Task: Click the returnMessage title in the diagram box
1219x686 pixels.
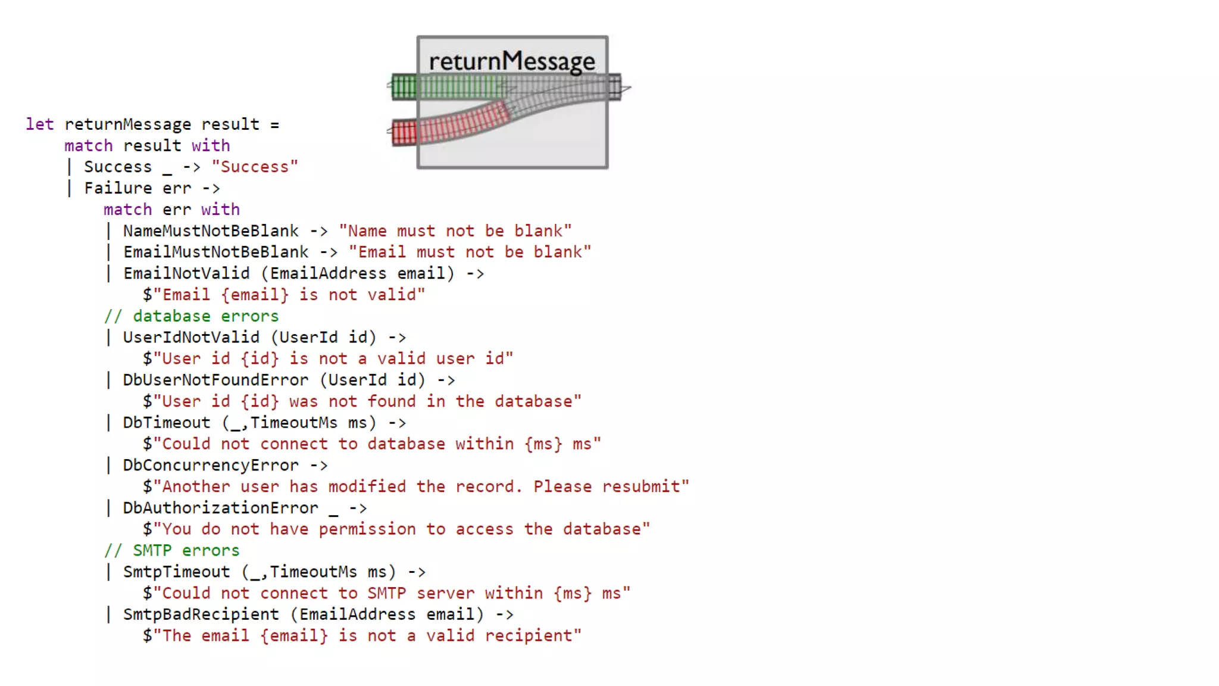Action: pyautogui.click(x=512, y=61)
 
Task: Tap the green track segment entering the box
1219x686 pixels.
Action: pyautogui.click(x=405, y=87)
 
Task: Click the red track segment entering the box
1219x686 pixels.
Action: pyautogui.click(x=405, y=132)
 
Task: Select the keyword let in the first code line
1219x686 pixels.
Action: pyautogui.click(x=39, y=124)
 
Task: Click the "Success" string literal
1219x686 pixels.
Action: pyautogui.click(x=255, y=167)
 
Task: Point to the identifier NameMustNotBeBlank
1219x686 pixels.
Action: pyautogui.click(x=211, y=231)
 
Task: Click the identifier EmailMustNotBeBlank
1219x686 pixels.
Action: pyautogui.click(x=216, y=252)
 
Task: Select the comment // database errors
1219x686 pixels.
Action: pyautogui.click(x=191, y=316)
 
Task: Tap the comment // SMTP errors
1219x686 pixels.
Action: pyautogui.click(x=172, y=551)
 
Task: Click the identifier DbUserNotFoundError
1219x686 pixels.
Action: pyautogui.click(x=215, y=381)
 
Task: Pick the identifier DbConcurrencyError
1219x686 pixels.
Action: pyautogui.click(x=211, y=466)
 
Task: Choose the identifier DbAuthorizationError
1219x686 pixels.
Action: pyautogui.click(x=220, y=509)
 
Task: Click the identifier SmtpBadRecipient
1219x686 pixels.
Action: pyautogui.click(x=201, y=615)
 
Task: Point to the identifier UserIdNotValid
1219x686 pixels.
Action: pyautogui.click(x=191, y=338)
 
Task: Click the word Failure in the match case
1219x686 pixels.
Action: pyautogui.click(x=118, y=188)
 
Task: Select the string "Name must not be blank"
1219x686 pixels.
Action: pyautogui.click(x=455, y=231)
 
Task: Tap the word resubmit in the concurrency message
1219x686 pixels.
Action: pyautogui.click(x=642, y=487)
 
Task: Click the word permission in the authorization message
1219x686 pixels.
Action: pyautogui.click(x=367, y=529)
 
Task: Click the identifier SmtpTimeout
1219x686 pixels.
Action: pyautogui.click(x=176, y=572)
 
